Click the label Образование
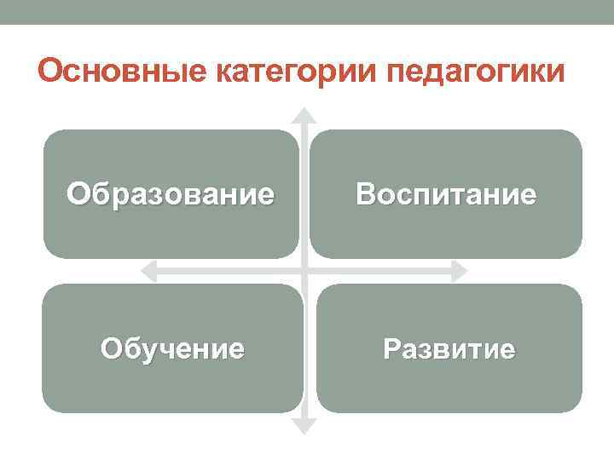pos(171,194)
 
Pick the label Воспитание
pos(446,194)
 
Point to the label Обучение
pos(172,348)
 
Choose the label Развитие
pos(449,348)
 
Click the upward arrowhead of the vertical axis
pos(304,114)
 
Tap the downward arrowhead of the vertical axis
pos(304,427)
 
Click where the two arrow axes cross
pos(304,271)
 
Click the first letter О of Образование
pos(78,194)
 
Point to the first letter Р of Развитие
pos(391,348)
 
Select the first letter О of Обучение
pos(111,348)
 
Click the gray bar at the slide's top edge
pos(307,11)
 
